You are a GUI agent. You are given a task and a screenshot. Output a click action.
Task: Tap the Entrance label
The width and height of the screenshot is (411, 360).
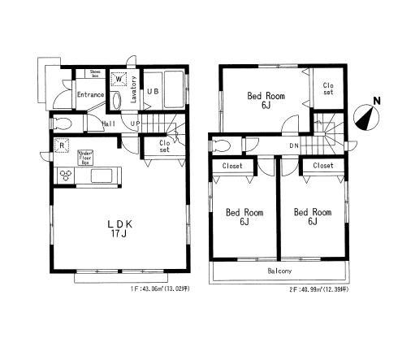click(90, 95)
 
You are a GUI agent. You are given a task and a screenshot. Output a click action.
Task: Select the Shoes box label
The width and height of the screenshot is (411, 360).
click(94, 74)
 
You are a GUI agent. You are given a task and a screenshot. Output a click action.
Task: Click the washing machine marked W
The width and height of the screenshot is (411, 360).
click(120, 80)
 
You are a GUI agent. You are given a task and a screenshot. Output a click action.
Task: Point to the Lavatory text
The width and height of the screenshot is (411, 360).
click(135, 84)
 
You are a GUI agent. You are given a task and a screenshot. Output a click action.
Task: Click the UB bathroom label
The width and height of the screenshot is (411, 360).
click(152, 92)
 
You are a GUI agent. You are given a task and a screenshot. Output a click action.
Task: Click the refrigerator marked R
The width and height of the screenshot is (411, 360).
click(63, 147)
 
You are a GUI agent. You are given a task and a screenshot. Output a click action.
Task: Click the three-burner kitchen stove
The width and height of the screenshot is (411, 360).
click(65, 176)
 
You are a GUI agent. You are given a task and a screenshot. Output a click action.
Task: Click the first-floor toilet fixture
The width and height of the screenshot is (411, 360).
click(63, 124)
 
